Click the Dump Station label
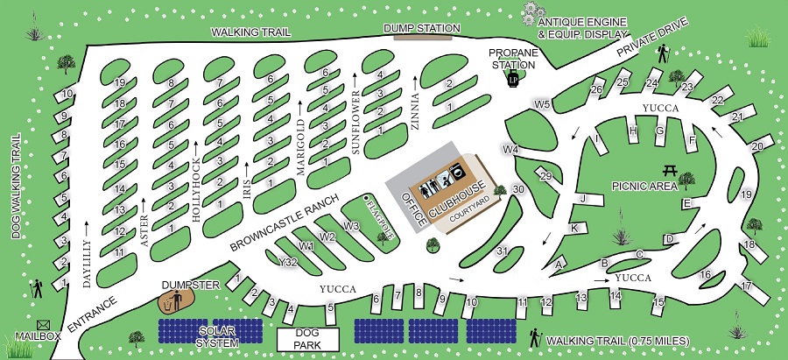click(x=423, y=28)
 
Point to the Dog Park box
click(x=306, y=339)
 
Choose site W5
click(x=543, y=105)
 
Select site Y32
click(x=285, y=261)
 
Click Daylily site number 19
click(x=120, y=82)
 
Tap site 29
click(x=546, y=178)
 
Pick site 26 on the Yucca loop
click(x=597, y=89)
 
